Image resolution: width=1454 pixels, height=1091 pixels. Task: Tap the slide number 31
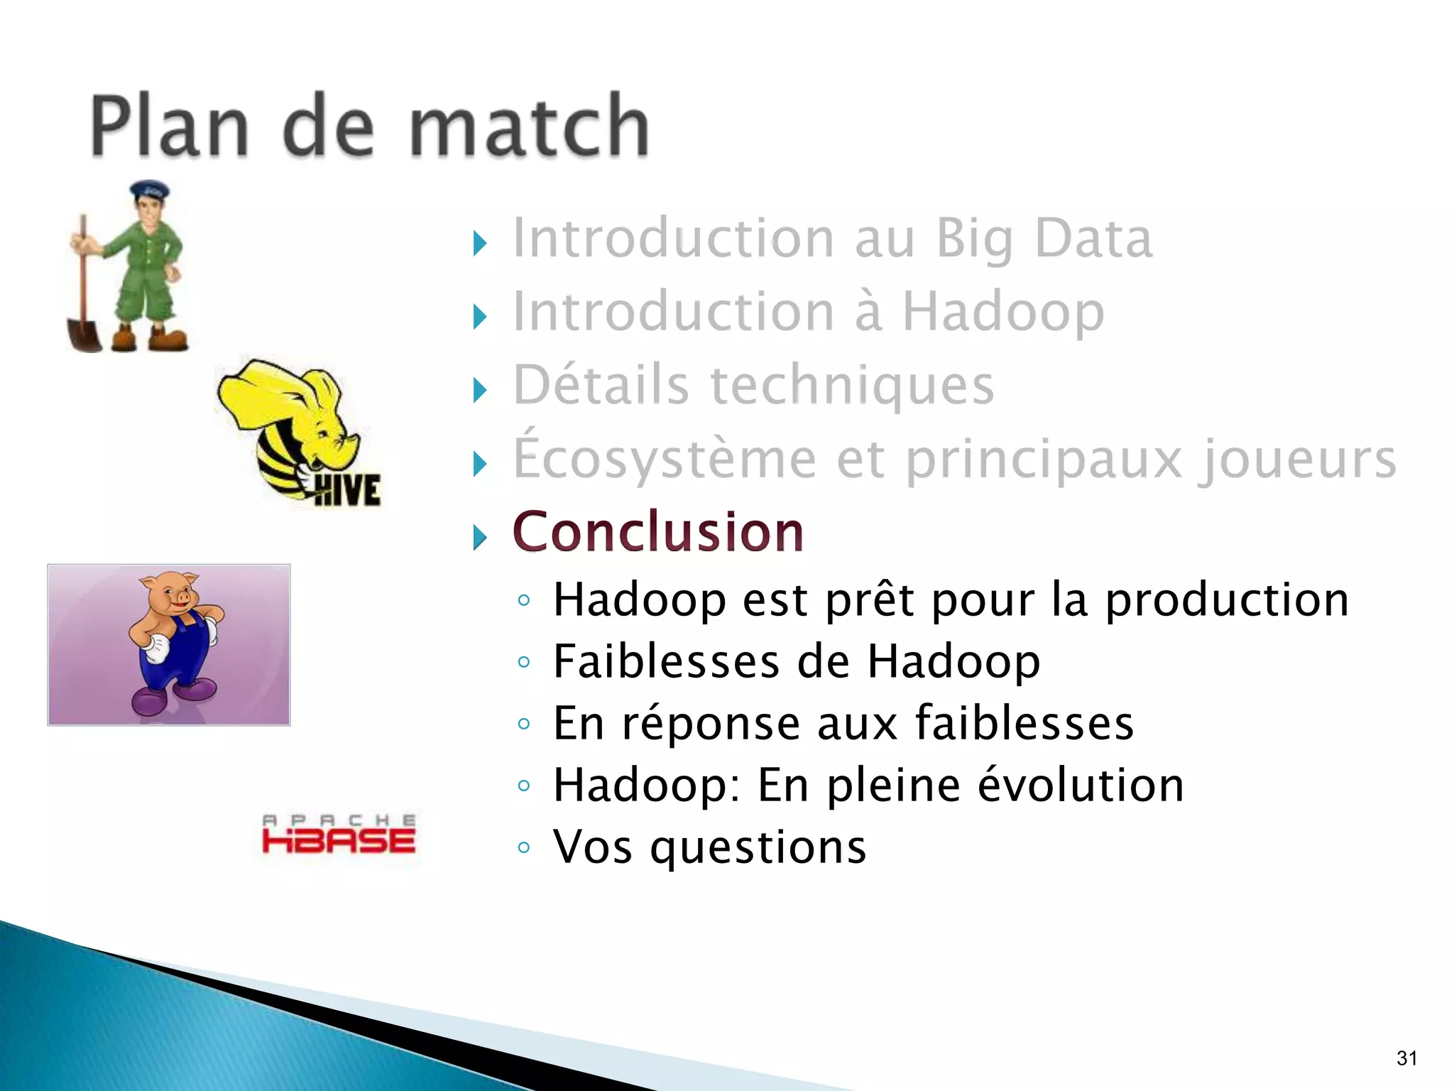coord(1406,1058)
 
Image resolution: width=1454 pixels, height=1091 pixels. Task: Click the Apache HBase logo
coord(339,835)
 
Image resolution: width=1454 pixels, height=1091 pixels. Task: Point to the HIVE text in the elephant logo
coord(347,489)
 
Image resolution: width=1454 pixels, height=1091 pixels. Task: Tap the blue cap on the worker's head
coord(149,190)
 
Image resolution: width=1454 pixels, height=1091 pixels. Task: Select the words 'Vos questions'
coord(709,847)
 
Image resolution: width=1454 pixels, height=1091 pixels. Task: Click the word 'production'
coord(1226,599)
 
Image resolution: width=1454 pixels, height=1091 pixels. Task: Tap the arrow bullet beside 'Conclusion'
coord(481,538)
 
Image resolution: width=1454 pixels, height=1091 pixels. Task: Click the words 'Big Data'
coord(1044,239)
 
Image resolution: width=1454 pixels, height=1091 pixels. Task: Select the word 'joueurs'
coord(1297,460)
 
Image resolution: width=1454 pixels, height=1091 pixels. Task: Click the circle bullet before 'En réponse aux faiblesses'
coord(524,724)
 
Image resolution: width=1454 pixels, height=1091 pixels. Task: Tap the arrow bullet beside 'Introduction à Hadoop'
coord(481,317)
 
